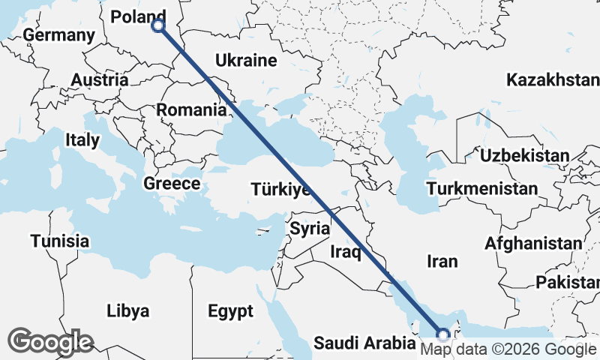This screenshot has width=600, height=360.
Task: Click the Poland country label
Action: (x=139, y=16)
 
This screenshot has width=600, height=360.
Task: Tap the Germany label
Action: (x=59, y=35)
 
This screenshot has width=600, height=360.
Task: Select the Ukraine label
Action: (x=246, y=61)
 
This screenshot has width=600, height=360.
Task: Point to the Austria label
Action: (x=99, y=79)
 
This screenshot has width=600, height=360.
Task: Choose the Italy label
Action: (x=82, y=139)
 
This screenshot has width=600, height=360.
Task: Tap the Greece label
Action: (x=172, y=184)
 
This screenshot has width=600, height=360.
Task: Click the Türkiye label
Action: (x=281, y=189)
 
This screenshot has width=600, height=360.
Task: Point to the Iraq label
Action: (x=346, y=252)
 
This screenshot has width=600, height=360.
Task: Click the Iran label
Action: (x=441, y=261)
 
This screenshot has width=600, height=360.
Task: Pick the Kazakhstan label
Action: (x=553, y=79)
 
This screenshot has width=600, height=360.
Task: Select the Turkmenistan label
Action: (x=481, y=188)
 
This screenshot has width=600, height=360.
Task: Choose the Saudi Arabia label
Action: (x=364, y=343)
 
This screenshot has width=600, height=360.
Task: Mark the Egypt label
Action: (x=231, y=310)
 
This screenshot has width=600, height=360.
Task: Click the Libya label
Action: (x=128, y=310)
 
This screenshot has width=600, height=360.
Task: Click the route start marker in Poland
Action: (x=158, y=25)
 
